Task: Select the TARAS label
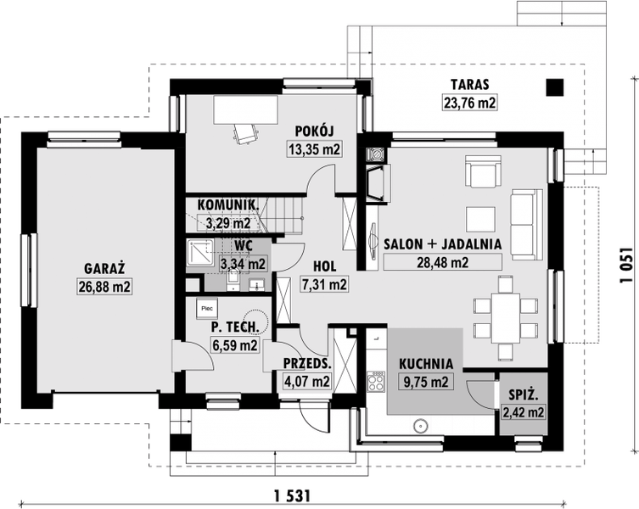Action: [x=468, y=85]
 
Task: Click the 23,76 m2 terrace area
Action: [x=468, y=103]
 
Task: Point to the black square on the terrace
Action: [x=554, y=86]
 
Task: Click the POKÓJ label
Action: [x=314, y=130]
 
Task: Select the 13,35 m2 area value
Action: [x=314, y=150]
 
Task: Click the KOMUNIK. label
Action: [x=227, y=204]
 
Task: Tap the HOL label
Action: [x=324, y=264]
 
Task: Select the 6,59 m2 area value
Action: [x=234, y=345]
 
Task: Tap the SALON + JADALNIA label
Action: [x=443, y=243]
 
